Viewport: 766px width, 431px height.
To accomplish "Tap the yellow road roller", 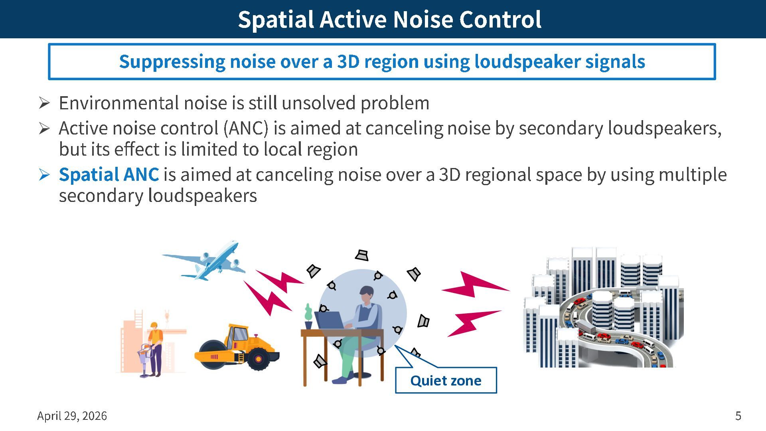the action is [x=237, y=347].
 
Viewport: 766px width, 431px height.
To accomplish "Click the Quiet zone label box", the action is [x=446, y=380].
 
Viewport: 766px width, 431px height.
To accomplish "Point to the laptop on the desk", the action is [x=330, y=320].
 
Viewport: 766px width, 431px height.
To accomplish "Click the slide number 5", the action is [x=738, y=416].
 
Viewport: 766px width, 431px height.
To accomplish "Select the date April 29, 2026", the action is [x=72, y=416].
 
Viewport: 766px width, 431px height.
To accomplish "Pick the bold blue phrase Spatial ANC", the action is [x=109, y=175].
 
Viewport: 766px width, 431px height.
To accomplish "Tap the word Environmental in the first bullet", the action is [x=118, y=103].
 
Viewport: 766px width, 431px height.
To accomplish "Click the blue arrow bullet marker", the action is [x=44, y=175].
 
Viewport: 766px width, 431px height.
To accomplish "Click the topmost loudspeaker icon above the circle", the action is [x=362, y=255].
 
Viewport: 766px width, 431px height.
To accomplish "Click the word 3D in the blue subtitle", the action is [x=348, y=62].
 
